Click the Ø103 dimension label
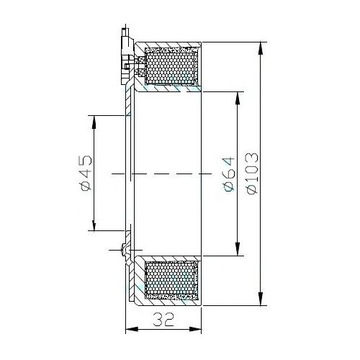(x=253, y=173)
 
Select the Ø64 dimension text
(x=230, y=174)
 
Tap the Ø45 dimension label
(x=86, y=172)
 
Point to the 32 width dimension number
(x=164, y=320)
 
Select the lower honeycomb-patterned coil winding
(x=171, y=279)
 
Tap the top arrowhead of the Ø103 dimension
(x=261, y=49)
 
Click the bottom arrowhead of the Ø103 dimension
(x=261, y=298)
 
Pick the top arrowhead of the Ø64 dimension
(x=237, y=98)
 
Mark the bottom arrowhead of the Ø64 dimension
(x=237, y=248)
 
